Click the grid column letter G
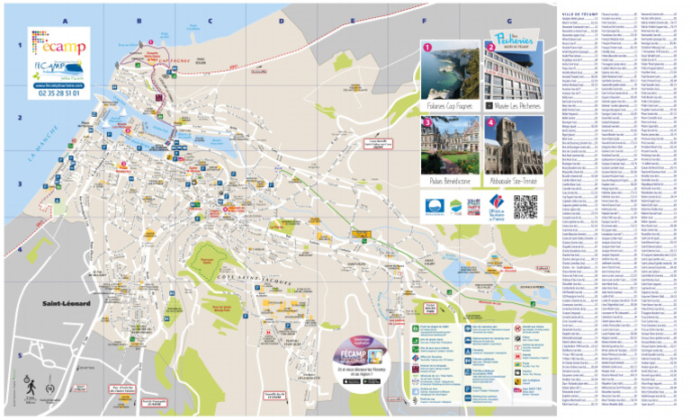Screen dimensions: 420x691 click(510, 20)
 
